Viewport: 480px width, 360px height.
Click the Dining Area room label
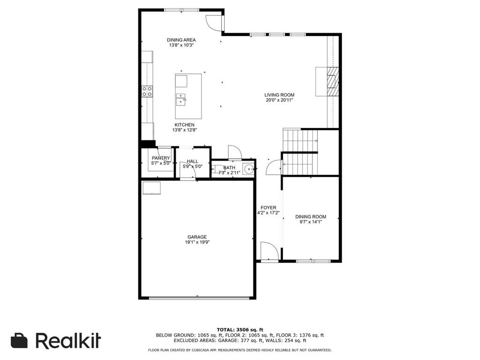coord(181,40)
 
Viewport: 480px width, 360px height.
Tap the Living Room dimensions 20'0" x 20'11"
coord(279,100)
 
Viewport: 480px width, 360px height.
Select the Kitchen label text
coord(184,125)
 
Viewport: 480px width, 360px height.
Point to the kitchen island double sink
coord(181,99)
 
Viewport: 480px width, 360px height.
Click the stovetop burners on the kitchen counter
coord(147,91)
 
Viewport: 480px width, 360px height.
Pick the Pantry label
coord(161,158)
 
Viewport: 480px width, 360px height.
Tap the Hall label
coord(193,161)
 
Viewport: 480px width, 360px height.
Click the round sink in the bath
coord(249,169)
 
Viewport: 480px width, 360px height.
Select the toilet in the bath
coord(217,169)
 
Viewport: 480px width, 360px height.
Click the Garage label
coord(197,237)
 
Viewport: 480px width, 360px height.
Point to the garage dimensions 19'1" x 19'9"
coord(197,242)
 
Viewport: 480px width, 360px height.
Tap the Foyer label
coord(269,208)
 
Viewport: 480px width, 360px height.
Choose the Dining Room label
coord(311,217)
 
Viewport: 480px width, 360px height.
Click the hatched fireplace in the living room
coord(333,82)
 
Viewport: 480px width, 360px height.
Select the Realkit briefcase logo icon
coord(19,341)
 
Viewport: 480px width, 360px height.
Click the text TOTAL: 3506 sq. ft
coord(240,330)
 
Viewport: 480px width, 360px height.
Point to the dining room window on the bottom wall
coord(313,261)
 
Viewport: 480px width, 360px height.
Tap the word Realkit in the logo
coord(68,340)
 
